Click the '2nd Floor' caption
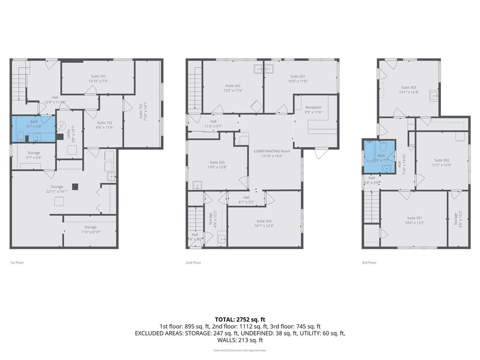(x=193, y=262)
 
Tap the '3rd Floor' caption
(x=369, y=262)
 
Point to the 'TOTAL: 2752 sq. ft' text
(x=240, y=319)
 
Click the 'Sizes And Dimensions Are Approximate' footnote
(x=240, y=350)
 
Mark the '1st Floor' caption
(x=17, y=262)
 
